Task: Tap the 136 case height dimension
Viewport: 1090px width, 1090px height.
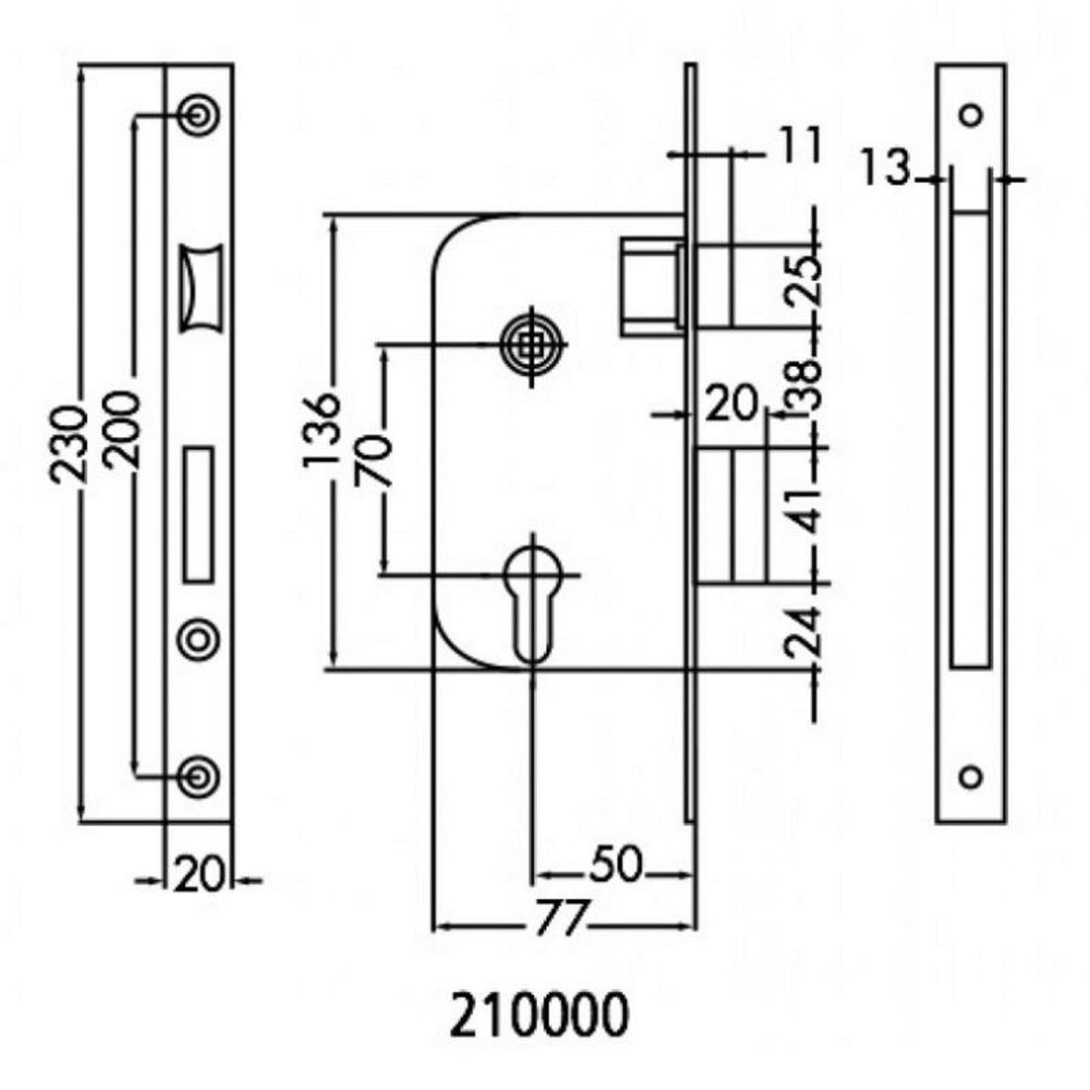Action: (x=322, y=431)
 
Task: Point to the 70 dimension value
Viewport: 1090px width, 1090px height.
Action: (x=373, y=461)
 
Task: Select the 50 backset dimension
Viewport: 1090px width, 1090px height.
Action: (x=615, y=866)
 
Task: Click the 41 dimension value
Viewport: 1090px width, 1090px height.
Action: (x=803, y=510)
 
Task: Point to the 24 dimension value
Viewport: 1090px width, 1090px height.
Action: (x=803, y=631)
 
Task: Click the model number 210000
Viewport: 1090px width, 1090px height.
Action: (x=538, y=1016)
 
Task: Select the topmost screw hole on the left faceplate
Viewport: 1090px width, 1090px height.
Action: (x=197, y=114)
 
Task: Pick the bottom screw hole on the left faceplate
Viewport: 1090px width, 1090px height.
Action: (x=197, y=775)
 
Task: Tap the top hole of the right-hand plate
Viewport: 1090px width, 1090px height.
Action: (x=972, y=115)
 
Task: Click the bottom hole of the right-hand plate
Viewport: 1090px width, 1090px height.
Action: (x=972, y=777)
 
